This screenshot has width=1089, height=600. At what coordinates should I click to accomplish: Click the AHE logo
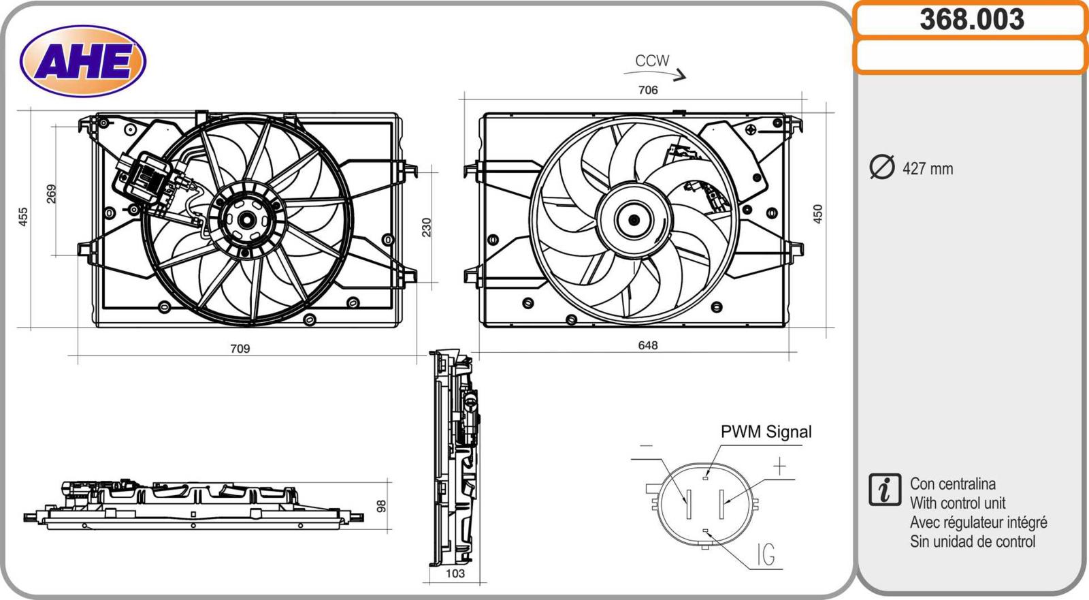[83, 61]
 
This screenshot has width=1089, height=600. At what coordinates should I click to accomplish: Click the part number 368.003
[971, 20]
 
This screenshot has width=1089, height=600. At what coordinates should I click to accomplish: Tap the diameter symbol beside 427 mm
[882, 168]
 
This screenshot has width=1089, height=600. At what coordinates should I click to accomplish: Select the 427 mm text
[928, 169]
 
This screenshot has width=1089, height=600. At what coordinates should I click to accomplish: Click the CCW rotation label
[652, 61]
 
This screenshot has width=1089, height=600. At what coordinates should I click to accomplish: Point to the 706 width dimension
[648, 90]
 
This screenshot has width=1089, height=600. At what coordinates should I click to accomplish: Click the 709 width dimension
[240, 349]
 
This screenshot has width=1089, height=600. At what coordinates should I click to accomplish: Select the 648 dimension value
[648, 345]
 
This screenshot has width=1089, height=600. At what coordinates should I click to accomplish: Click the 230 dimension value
[427, 227]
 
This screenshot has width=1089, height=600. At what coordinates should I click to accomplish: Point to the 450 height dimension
[818, 214]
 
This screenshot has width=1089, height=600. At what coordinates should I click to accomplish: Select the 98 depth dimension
[382, 506]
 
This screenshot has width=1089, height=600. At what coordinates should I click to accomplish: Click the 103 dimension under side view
[455, 573]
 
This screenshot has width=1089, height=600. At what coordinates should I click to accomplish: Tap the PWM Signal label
[766, 432]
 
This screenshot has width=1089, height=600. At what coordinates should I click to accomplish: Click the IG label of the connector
[766, 555]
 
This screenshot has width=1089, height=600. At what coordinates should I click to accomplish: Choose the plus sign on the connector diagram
[779, 466]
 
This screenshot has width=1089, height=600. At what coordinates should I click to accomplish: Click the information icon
[885, 490]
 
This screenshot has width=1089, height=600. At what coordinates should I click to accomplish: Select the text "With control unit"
[958, 503]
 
